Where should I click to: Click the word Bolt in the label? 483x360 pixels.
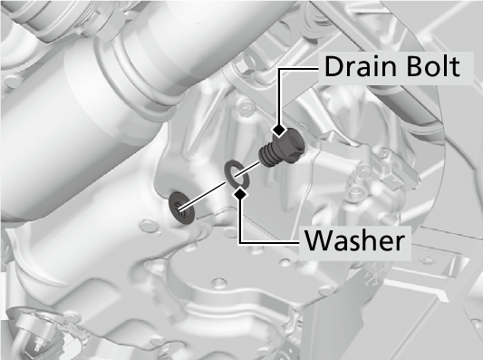(x=433, y=66)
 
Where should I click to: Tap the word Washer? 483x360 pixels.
(x=354, y=240)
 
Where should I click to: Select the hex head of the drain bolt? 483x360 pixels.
(x=289, y=144)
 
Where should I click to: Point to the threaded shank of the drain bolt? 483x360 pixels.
(x=267, y=156)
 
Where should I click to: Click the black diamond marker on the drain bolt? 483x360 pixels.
(x=279, y=131)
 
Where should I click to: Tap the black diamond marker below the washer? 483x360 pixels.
(x=240, y=194)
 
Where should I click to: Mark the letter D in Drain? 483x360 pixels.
(x=333, y=66)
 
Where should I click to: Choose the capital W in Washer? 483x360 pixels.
(x=318, y=240)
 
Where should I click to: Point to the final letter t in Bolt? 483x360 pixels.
(x=455, y=68)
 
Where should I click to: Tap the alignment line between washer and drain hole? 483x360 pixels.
(x=204, y=197)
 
